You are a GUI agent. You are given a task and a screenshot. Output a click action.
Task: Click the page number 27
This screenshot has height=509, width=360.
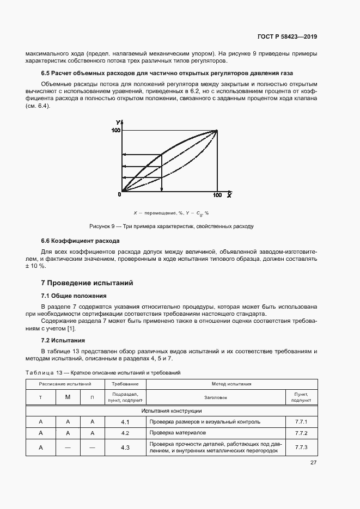tap(313, 463)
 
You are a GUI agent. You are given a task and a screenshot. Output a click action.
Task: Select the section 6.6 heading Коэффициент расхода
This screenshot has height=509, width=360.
tap(81, 241)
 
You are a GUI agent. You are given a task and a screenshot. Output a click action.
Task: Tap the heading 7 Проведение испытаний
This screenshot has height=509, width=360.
tap(87, 283)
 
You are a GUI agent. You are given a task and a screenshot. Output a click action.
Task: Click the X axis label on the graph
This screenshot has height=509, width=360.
tap(230, 194)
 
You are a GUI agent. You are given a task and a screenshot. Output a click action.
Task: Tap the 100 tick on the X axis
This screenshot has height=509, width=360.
tap(217, 195)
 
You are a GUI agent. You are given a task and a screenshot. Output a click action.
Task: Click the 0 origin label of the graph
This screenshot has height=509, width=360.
tap(119, 194)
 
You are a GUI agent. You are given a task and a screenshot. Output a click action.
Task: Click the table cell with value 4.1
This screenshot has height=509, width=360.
tap(125, 422)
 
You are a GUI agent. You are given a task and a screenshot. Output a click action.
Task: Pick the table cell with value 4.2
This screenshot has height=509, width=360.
tap(125, 433)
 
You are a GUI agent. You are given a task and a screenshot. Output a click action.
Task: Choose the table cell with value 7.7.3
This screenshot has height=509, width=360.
tap(301, 447)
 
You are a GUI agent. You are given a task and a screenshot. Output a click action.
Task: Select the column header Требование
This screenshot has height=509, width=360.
tap(125, 384)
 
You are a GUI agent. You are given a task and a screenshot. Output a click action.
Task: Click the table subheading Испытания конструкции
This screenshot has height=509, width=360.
tap(172, 410)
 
